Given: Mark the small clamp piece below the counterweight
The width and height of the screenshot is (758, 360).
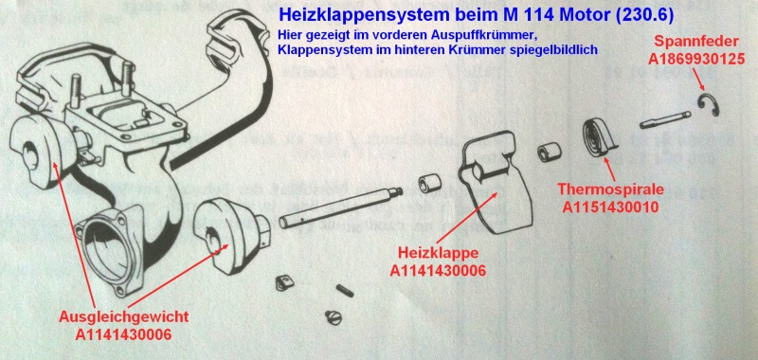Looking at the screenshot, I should (282, 280).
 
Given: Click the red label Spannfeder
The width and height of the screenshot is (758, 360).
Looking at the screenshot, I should (691, 43).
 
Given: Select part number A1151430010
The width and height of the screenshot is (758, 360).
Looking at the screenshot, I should (608, 206).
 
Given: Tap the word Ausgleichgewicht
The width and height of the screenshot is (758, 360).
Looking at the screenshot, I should (115, 316).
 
